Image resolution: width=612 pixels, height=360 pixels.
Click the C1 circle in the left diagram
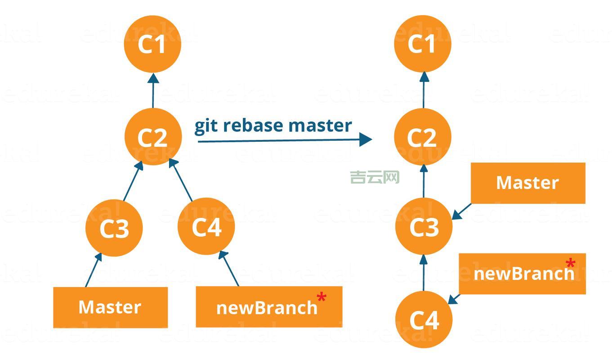(152, 44)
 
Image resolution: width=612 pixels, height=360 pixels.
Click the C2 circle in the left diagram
(152, 137)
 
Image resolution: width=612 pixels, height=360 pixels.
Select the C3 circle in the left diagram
(114, 228)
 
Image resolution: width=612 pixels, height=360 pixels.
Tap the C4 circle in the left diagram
(206, 226)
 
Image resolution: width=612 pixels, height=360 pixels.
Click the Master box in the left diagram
(110, 307)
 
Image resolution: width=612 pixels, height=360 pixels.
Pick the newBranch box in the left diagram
(268, 307)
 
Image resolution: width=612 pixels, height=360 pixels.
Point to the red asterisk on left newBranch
(322, 297)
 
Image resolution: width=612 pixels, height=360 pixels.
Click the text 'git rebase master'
(272, 125)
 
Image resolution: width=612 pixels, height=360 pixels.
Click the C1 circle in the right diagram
(422, 44)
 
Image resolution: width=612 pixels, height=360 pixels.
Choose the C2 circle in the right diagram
(422, 137)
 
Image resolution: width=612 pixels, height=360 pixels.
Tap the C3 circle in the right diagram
(423, 226)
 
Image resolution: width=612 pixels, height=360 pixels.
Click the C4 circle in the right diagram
(423, 319)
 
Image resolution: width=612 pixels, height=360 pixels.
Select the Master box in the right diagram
(527, 183)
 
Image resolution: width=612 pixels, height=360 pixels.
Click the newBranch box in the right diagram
(522, 274)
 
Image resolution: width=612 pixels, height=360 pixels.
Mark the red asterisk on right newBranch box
(570, 263)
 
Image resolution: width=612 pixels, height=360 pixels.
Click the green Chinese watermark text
(375, 177)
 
